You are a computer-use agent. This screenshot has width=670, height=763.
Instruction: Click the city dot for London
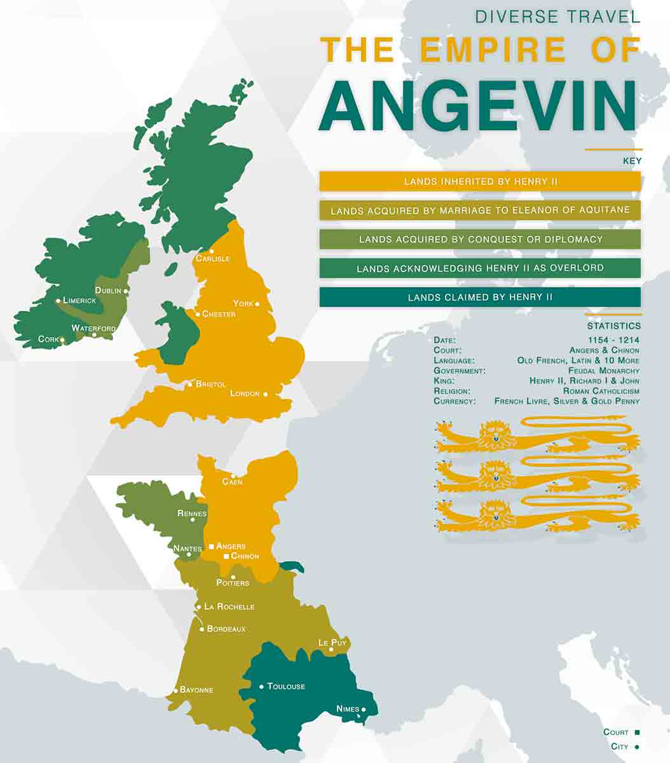265,394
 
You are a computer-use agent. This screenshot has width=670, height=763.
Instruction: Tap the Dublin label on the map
108,291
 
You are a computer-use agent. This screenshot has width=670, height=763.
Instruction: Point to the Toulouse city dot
261,687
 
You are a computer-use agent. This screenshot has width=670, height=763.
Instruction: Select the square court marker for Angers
211,546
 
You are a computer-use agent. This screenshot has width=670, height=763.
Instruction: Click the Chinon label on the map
245,556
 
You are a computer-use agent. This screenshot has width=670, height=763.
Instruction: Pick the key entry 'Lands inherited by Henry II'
480,182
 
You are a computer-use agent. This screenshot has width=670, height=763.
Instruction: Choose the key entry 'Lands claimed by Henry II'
480,297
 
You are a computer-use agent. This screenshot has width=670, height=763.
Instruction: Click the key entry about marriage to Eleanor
480,210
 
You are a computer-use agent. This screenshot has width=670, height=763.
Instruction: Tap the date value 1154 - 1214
613,340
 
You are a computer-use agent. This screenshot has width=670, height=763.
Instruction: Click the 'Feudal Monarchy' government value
604,371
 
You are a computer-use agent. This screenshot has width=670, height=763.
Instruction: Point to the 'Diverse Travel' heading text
557,17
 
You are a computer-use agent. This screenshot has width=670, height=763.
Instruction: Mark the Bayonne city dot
175,691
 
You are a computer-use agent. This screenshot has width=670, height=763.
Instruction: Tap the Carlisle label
212,259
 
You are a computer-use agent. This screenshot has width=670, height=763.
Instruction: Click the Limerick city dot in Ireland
58,301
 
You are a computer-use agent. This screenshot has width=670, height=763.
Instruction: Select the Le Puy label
332,643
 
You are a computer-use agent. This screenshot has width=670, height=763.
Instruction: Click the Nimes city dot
364,710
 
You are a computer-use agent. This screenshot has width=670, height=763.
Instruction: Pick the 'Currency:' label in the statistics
455,401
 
